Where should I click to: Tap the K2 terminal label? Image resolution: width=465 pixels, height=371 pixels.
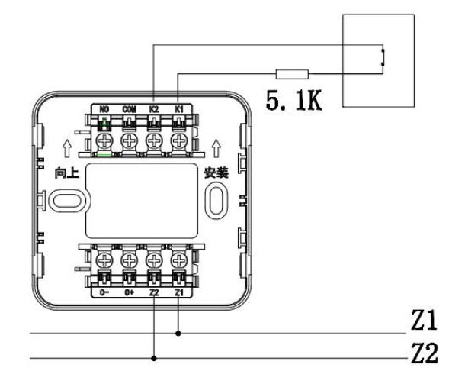(x=153, y=110)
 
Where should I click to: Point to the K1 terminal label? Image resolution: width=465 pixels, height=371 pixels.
(x=178, y=110)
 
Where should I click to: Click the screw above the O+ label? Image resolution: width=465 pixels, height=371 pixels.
(x=129, y=260)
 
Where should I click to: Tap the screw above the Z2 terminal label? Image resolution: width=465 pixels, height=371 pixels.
(x=153, y=260)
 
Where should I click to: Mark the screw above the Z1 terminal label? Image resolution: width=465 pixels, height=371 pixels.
(x=178, y=260)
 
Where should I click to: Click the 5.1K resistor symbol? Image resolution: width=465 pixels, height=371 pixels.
(x=292, y=74)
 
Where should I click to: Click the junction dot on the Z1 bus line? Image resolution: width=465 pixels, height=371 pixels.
(x=178, y=334)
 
